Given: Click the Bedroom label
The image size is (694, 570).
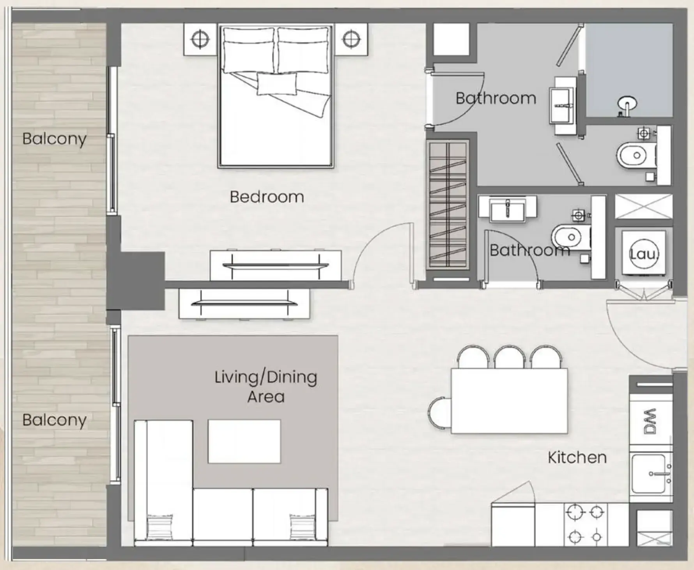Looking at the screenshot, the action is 267,197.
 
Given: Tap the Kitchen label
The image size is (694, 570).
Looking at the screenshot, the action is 577,457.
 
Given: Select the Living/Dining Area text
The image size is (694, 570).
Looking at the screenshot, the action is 266,387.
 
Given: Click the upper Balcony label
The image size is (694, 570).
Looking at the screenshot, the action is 54,139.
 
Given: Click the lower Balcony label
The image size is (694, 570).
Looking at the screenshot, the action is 54,420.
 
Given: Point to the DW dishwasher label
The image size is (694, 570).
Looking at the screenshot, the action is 650,421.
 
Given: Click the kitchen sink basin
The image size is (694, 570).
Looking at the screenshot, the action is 649,474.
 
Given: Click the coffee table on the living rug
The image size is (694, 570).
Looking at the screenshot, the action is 244,441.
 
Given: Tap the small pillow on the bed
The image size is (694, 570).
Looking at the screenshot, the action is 276,84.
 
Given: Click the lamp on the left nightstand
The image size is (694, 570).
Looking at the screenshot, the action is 200,39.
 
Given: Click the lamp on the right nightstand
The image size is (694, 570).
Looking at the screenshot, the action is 351,39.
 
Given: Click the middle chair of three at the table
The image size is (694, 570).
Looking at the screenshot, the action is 510,357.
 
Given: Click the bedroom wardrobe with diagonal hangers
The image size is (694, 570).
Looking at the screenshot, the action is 448,205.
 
